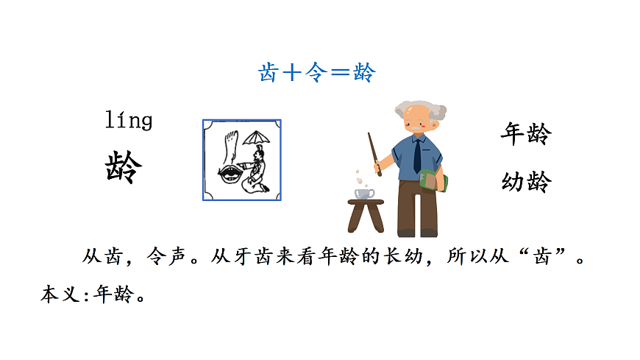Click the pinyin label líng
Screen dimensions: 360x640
[x=129, y=119]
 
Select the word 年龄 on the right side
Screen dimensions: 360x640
[x=525, y=134]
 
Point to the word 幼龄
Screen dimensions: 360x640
[x=525, y=181]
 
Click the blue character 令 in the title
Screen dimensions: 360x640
[x=316, y=72]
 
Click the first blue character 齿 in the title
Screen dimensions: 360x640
[x=269, y=72]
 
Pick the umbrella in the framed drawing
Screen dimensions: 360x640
[x=255, y=138]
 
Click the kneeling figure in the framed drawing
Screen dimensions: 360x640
[x=256, y=171]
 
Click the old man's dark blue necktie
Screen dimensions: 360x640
[x=417, y=155]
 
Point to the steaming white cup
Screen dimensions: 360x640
[x=364, y=193]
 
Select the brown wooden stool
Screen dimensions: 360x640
[x=366, y=215]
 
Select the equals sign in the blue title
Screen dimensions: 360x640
[x=340, y=72]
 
